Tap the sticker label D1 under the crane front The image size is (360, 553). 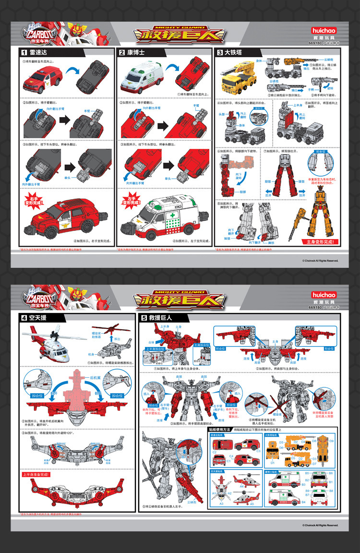pos(272,462)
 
